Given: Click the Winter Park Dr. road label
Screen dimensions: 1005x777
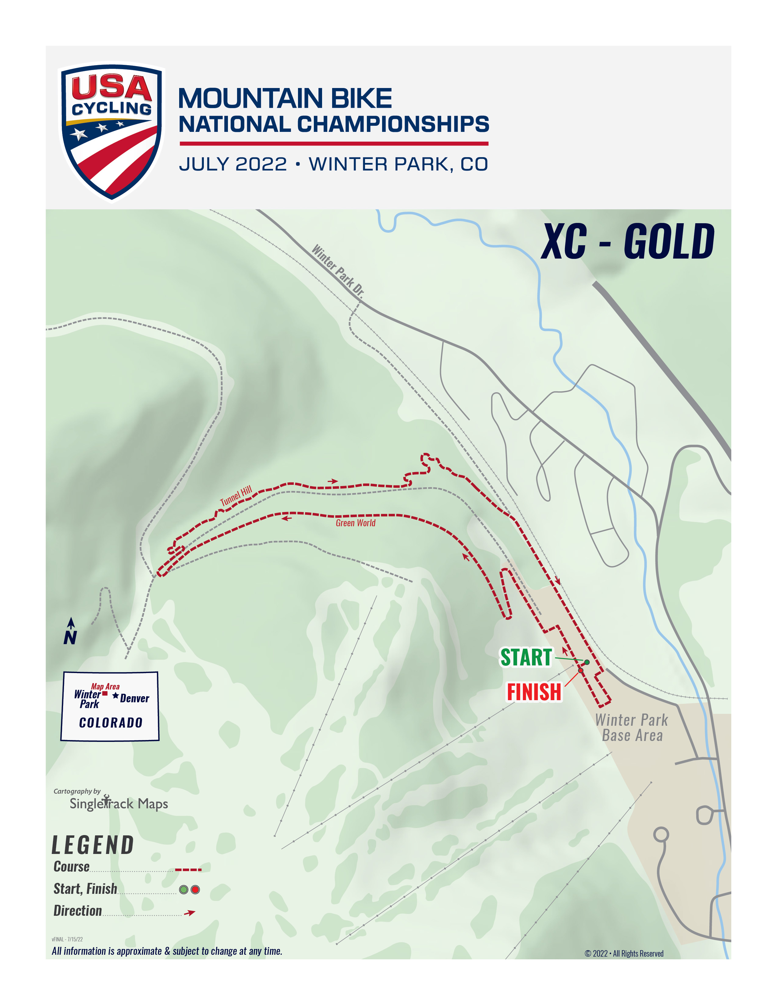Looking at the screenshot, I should point(338,270).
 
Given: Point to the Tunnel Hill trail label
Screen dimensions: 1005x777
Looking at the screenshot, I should point(236,495).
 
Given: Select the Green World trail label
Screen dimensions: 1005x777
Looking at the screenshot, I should point(355,523).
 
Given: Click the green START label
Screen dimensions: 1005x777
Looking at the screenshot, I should point(526,657).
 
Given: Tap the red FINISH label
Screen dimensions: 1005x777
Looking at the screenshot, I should point(534,692).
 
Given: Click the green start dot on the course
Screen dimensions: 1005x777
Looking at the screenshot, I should point(587,662).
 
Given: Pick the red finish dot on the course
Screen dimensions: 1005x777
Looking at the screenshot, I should point(581,671).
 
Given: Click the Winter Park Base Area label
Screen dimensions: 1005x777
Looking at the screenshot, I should point(632,728).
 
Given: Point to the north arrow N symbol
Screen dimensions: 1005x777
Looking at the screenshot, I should point(70,632).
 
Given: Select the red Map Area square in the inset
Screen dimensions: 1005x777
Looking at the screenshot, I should point(105,693).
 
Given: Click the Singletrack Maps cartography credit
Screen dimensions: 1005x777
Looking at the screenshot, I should point(118,803).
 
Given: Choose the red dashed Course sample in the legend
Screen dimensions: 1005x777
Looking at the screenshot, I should point(188,870).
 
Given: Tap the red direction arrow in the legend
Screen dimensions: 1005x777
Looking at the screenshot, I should point(190,912).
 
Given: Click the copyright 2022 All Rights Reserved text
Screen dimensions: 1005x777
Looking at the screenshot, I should point(624,954).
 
